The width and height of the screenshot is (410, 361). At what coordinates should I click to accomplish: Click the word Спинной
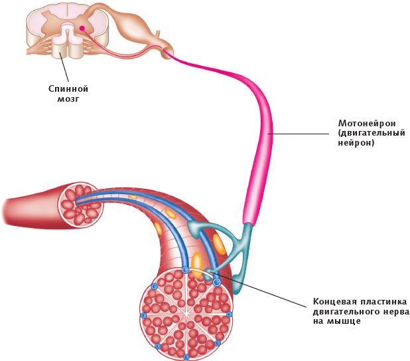68,88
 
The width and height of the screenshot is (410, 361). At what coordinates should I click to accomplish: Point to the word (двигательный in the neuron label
372,133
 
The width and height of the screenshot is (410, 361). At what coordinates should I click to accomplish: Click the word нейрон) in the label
356,142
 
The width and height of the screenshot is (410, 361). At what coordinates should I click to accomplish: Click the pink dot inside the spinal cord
82,29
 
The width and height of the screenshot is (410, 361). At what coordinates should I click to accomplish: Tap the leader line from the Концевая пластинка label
265,292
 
